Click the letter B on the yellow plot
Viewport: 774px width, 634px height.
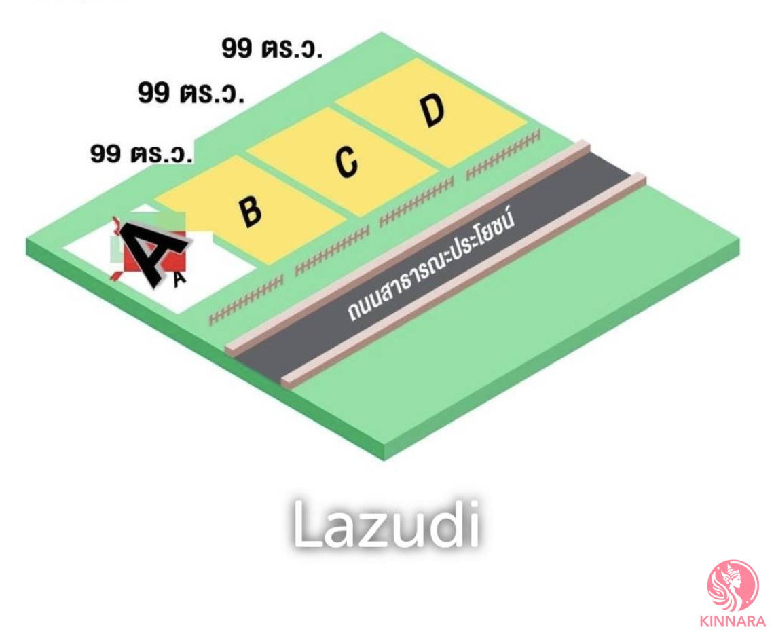[x=251, y=212]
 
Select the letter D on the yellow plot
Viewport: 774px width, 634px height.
[x=433, y=111]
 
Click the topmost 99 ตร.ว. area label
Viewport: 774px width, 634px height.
[x=272, y=50]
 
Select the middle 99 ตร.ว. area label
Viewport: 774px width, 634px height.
[x=191, y=93]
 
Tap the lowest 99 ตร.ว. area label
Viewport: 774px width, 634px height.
[x=142, y=154]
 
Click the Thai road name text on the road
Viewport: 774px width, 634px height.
[x=431, y=266]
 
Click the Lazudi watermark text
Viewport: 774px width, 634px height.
[x=386, y=524]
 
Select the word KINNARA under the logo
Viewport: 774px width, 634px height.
[x=733, y=621]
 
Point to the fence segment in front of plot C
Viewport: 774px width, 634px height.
[x=416, y=203]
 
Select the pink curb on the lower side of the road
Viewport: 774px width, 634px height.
[x=464, y=279]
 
